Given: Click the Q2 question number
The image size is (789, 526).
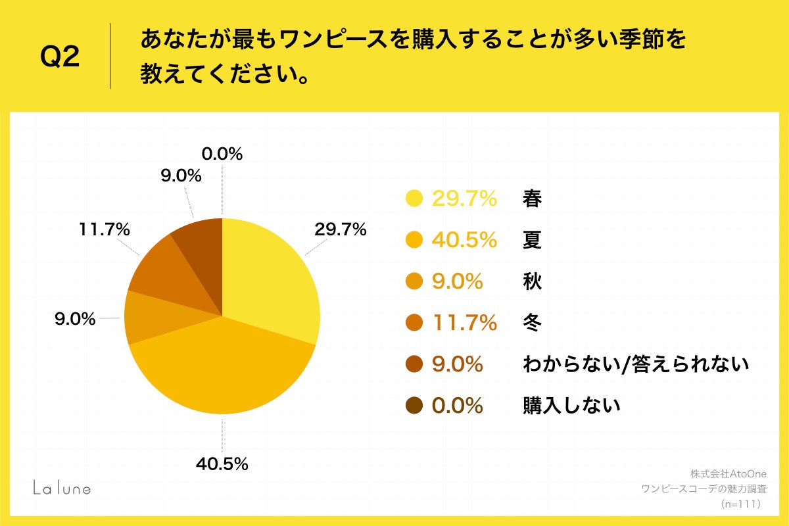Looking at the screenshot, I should pos(60,57).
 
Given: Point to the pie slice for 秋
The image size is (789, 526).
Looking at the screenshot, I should pos(148,318).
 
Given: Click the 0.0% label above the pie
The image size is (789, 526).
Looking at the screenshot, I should pos(222,154).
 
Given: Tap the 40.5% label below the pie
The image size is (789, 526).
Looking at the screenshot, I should pos(222,464).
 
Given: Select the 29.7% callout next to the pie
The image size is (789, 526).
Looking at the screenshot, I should pos(340,230).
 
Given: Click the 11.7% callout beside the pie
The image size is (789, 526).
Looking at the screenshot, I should pos(104,230).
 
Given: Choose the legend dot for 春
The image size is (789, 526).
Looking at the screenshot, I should pos(414,198).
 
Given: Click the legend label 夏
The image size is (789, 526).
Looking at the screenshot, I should pos(532,240).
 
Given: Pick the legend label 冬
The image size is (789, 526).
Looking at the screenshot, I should pos(532,323).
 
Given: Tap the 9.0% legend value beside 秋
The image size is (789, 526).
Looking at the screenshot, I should pos(458,281).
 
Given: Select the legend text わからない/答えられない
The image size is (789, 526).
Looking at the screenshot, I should pos(636,364).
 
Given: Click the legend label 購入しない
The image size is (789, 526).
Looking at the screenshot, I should pos(571,406).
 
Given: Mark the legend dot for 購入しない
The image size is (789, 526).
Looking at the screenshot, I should pos(414,406).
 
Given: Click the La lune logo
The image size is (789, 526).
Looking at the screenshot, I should pos(62,487).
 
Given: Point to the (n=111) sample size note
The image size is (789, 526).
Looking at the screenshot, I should pos(740,504).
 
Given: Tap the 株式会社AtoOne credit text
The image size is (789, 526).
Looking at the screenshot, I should pos(729,473).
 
